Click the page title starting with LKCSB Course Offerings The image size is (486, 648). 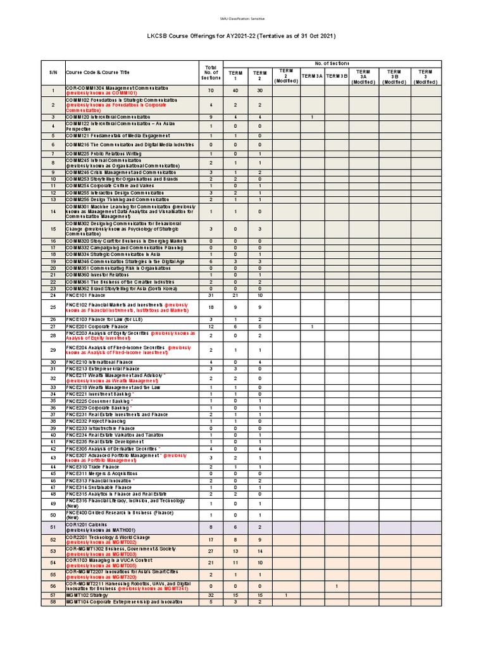[x=242, y=36]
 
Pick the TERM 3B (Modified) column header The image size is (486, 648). [x=394, y=77]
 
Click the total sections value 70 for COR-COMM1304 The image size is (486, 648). [x=211, y=90]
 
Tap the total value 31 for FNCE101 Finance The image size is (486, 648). [x=211, y=296]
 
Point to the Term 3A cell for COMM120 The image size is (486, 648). [x=312, y=117]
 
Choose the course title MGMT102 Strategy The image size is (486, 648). [x=91, y=595]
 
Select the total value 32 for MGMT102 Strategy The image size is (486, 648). [x=211, y=595]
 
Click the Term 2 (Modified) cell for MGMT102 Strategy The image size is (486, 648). [x=286, y=595]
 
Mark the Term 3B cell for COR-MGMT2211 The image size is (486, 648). [x=337, y=586]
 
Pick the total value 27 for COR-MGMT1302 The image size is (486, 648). [x=211, y=551]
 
